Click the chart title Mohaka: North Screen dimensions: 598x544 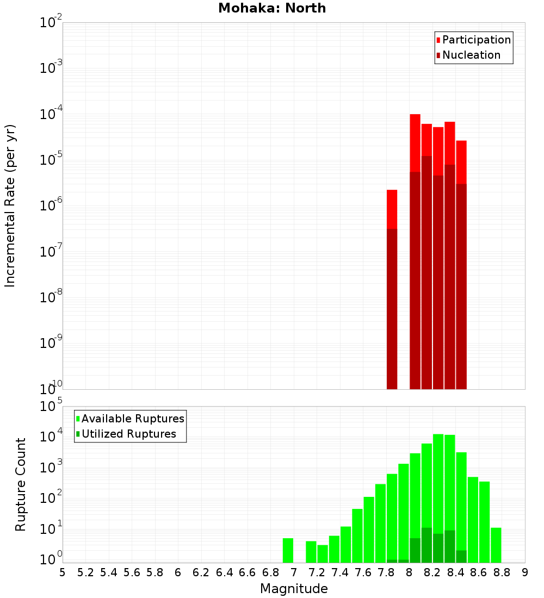[272, 8]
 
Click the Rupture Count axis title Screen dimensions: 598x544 [21, 484]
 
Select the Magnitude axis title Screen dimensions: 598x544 [294, 588]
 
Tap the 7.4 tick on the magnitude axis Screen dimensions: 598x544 [341, 572]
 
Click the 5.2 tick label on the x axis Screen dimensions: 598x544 [86, 572]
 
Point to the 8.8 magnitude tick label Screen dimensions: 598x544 [502, 572]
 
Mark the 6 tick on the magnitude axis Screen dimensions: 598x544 [178, 572]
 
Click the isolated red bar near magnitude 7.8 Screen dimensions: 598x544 [392, 209]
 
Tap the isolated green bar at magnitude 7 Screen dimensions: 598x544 [288, 550]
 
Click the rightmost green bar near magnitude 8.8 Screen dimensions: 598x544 [496, 545]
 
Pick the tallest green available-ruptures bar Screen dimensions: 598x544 [438, 497]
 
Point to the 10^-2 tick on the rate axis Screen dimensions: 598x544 [51, 23]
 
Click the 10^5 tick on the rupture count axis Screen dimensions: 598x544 [51, 407]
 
